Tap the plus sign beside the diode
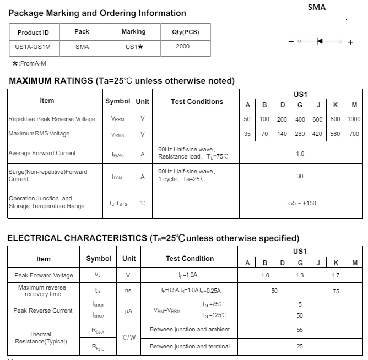[350, 42]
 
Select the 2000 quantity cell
[182, 47]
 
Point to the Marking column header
[133, 32]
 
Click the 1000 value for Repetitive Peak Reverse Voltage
[354, 119]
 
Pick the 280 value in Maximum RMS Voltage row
[300, 134]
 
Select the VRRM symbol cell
[118, 119]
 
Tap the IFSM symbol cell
[118, 177]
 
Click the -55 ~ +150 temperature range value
[301, 203]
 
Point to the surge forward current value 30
[300, 177]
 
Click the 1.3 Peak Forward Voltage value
[300, 275]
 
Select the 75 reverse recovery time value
[336, 291]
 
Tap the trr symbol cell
[98, 290]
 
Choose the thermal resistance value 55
[300, 330]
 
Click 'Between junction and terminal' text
[190, 346]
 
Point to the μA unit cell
[128, 311]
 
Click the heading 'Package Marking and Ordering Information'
[98, 13]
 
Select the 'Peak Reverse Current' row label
[43, 310]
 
